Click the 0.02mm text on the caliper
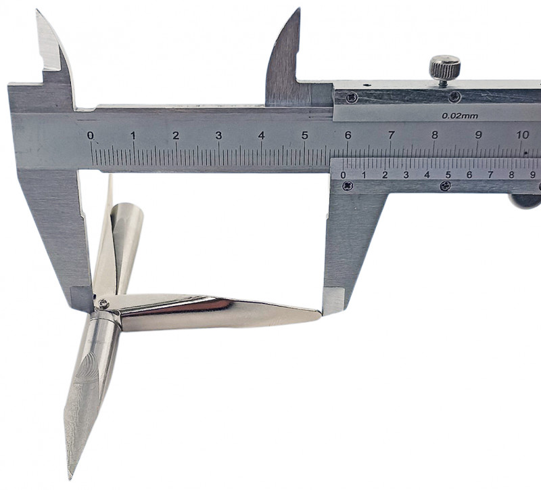460,116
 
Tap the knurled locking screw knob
445,66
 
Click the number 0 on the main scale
91,135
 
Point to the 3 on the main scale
218,135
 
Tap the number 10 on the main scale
523,135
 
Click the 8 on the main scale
434,135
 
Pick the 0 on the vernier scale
343,175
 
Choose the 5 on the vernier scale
448,175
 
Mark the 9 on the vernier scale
533,175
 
